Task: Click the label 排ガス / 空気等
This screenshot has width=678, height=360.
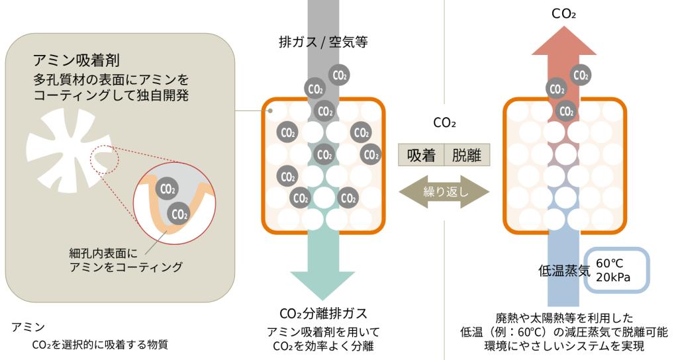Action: tap(323, 42)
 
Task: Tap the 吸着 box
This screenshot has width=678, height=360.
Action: tap(420, 156)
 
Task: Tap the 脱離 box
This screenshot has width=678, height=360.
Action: tap(467, 156)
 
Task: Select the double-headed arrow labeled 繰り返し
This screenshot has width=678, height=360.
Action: tap(444, 193)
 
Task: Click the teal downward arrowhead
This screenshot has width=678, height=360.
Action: tap(323, 285)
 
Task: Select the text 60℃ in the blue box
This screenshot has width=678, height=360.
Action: tap(610, 262)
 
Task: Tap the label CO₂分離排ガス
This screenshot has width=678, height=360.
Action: tap(323, 313)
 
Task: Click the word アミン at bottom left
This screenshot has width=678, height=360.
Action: tap(28, 327)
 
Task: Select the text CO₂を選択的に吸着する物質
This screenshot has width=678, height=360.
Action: tap(100, 344)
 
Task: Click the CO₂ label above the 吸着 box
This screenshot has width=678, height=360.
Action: tap(444, 122)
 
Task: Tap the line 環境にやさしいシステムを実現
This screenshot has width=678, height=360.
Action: tap(563, 346)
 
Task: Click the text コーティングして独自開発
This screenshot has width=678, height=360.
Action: tap(111, 95)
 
